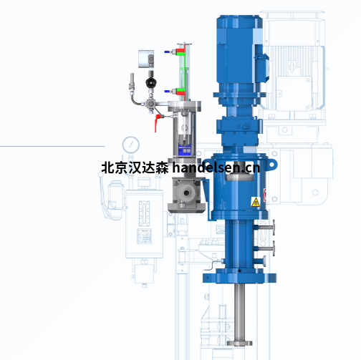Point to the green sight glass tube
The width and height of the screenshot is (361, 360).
[184, 72]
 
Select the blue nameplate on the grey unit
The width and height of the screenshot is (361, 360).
[185, 151]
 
